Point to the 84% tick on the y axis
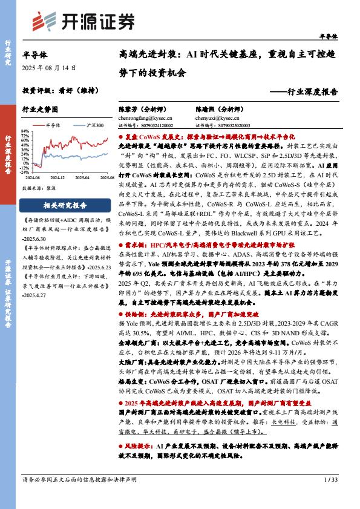(25, 131)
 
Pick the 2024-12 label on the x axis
(57, 178)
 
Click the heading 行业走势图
(40, 110)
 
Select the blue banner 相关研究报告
(67, 205)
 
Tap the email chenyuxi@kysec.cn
(215, 119)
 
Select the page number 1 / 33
(329, 480)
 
